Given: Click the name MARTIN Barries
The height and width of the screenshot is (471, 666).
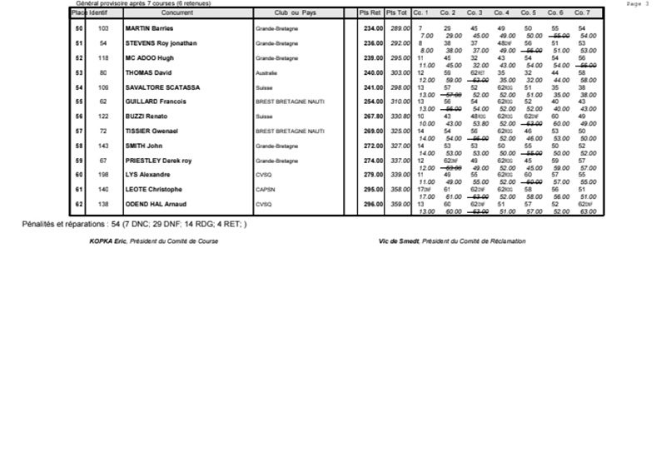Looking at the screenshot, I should (149, 28).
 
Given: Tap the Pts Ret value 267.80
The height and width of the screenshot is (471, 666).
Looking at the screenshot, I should (370, 117).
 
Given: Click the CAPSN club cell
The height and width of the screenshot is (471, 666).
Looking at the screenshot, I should (266, 190).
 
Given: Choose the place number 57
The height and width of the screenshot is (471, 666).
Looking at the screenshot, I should (79, 131).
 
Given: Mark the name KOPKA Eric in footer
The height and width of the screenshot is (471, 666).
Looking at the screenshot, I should (108, 241).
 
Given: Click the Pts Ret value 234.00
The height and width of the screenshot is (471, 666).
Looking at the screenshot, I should (370, 28).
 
